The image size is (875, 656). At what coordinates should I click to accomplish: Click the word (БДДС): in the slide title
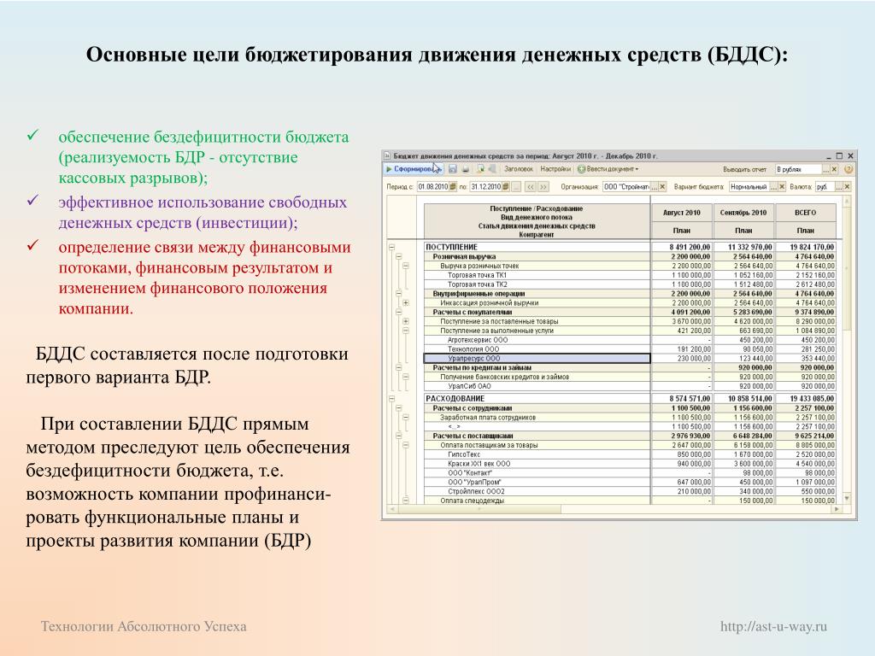pyautogui.click(x=743, y=56)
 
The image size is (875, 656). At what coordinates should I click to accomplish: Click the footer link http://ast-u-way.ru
pyautogui.click(x=774, y=627)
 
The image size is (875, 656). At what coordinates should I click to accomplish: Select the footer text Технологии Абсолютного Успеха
pyautogui.click(x=144, y=627)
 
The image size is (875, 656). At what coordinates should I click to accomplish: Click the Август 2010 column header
pyautogui.click(x=682, y=212)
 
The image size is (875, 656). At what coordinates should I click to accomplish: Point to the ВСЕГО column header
pyautogui.click(x=805, y=212)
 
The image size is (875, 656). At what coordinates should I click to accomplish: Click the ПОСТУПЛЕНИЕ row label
pyautogui.click(x=453, y=247)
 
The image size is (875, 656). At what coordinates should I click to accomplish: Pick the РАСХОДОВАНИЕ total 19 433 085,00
pyautogui.click(x=805, y=399)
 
